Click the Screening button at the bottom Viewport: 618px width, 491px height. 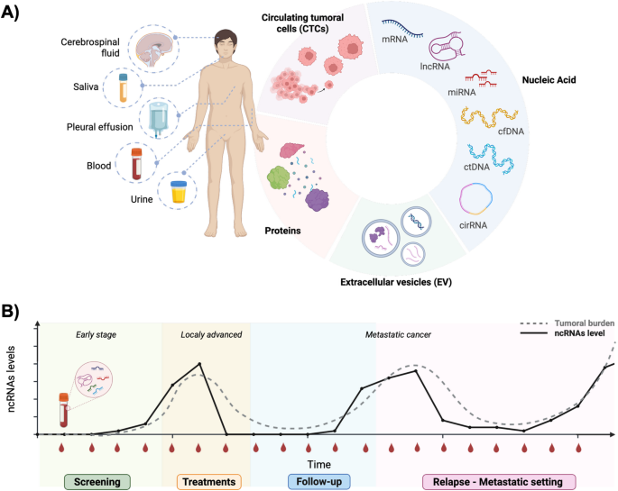97,482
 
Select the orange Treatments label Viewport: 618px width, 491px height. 209,482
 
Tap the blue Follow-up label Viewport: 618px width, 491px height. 318,482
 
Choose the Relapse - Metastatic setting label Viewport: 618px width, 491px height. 499,482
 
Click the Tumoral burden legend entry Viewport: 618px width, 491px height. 567,323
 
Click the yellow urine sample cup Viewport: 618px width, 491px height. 178,192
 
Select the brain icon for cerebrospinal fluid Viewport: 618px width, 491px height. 154,50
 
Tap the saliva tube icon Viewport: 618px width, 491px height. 124,87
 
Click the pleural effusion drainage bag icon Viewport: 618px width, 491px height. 159,119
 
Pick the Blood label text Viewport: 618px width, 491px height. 99,166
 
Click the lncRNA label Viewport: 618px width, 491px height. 435,67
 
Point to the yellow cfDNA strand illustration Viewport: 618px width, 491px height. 489,117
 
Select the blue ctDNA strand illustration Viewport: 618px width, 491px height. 491,159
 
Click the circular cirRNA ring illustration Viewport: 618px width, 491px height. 475,199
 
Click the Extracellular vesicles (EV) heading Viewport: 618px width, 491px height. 396,282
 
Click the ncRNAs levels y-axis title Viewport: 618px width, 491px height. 11,379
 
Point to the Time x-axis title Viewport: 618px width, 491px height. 318,464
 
